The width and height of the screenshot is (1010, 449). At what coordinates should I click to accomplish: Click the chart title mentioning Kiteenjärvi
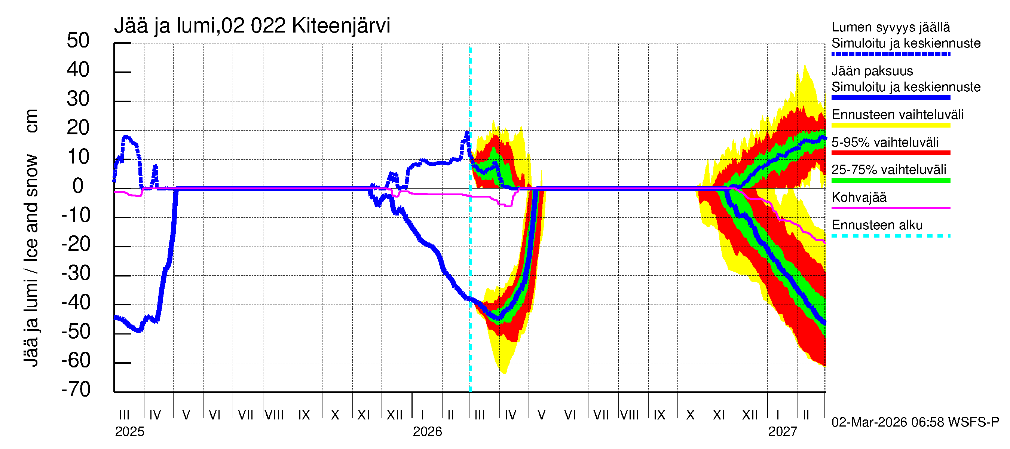[x=252, y=26]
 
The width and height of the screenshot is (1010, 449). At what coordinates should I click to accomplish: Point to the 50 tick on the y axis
[x=78, y=41]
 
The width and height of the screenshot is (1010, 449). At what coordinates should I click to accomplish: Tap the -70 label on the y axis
[x=76, y=390]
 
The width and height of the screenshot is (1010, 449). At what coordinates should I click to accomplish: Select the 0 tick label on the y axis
[x=78, y=186]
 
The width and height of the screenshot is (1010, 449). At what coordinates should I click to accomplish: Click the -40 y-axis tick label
[x=76, y=303]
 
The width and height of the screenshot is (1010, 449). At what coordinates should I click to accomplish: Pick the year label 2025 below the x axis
[x=129, y=432]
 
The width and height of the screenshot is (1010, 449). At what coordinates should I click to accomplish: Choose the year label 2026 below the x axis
[x=427, y=432]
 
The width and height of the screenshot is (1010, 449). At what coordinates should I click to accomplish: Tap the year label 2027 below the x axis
[x=782, y=432]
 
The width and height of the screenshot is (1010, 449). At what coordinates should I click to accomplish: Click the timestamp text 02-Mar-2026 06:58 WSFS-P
[x=915, y=422]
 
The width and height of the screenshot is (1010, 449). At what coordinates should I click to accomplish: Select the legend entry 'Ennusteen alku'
[x=877, y=225]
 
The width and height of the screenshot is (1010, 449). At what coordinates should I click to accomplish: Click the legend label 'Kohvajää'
[x=858, y=197]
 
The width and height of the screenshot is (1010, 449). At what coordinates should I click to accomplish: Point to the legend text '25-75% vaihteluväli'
[x=889, y=170]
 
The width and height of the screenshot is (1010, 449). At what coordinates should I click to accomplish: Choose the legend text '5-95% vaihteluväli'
[x=885, y=142]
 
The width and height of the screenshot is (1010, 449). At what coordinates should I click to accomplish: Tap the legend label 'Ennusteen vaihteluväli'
[x=897, y=115]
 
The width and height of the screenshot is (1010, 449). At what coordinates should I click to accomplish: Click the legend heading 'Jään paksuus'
[x=872, y=71]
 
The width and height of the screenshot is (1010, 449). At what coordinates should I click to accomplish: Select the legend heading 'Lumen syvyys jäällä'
[x=891, y=27]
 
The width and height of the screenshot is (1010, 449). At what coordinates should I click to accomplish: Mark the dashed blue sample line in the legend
[x=891, y=54]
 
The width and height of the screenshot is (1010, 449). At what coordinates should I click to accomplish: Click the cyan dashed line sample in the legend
[x=891, y=236]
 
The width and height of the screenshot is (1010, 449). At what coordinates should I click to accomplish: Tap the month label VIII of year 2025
[x=274, y=415]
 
